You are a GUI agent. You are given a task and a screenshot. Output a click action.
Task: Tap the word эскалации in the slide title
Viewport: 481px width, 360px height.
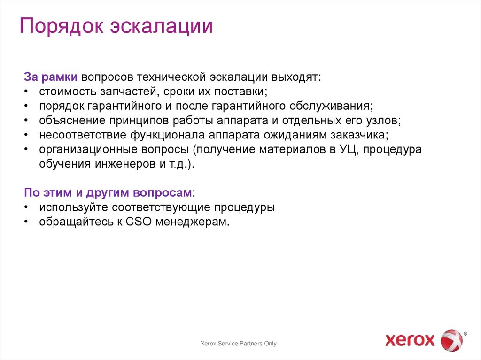162,27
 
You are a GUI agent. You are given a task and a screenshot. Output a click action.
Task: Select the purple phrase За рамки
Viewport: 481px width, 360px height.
51,77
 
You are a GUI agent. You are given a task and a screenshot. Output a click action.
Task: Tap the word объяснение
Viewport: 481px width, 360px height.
72,120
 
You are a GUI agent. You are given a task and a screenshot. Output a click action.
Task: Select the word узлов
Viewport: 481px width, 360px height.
384,120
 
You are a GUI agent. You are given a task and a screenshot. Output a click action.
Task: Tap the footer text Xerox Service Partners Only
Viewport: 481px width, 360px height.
239,344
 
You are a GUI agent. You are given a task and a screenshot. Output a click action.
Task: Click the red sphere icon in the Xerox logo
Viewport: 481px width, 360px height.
451,340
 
